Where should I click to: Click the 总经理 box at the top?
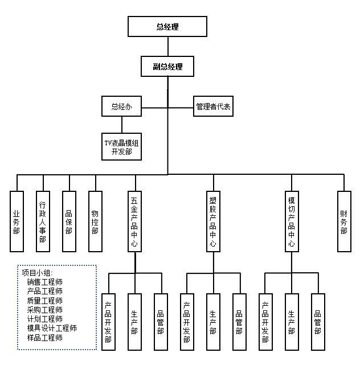[x=167, y=26]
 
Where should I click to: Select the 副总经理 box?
[x=167, y=67]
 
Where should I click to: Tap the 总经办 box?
[x=121, y=106]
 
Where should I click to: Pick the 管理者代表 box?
[x=213, y=106]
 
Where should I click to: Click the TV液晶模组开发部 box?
[x=121, y=147]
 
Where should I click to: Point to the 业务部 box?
[x=17, y=221]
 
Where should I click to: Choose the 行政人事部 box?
[x=43, y=221]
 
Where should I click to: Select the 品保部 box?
[x=69, y=221]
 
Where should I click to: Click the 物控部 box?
[x=95, y=221]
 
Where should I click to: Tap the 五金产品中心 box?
[x=134, y=221]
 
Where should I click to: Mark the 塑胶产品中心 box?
[x=213, y=221]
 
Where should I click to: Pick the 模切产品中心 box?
[x=292, y=221]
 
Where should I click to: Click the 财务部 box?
[x=344, y=221]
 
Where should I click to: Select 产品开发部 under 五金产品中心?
[x=108, y=322]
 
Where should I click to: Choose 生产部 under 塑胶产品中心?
[x=213, y=322]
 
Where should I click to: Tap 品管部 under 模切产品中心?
[x=318, y=322]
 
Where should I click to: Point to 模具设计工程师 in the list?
[x=52, y=329]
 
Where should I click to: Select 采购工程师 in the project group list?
[x=44, y=310]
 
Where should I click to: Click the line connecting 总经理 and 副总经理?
[x=167, y=46]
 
